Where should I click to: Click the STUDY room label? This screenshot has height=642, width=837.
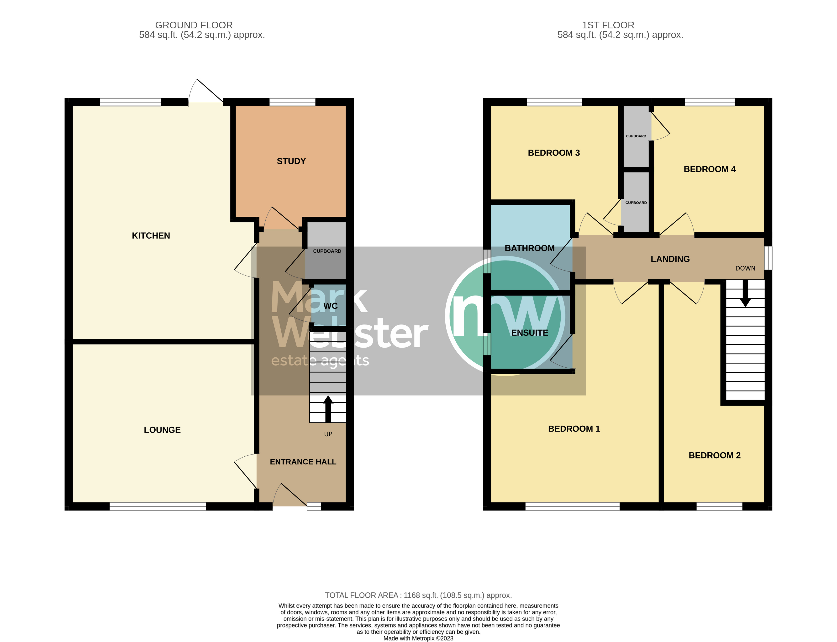pyautogui.click(x=291, y=161)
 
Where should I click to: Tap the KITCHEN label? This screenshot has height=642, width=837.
pyautogui.click(x=151, y=236)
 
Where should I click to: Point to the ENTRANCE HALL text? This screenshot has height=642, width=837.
pyautogui.click(x=303, y=462)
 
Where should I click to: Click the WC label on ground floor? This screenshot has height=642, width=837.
pyautogui.click(x=330, y=306)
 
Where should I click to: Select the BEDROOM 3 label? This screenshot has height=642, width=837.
pyautogui.click(x=554, y=153)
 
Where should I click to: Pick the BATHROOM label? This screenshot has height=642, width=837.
pyautogui.click(x=530, y=248)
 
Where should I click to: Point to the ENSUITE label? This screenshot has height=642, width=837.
pyautogui.click(x=530, y=333)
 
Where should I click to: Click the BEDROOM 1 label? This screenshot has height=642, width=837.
pyautogui.click(x=574, y=429)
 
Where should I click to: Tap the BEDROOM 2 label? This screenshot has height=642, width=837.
pyautogui.click(x=714, y=455)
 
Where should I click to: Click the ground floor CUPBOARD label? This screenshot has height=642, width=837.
pyautogui.click(x=327, y=251)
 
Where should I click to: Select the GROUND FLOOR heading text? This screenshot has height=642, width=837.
pyautogui.click(x=194, y=25)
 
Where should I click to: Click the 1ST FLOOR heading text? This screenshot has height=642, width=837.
pyautogui.click(x=608, y=25)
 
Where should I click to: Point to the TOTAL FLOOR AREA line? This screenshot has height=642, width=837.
pyautogui.click(x=418, y=595)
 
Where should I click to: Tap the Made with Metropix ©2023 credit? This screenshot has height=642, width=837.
pyautogui.click(x=418, y=638)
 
